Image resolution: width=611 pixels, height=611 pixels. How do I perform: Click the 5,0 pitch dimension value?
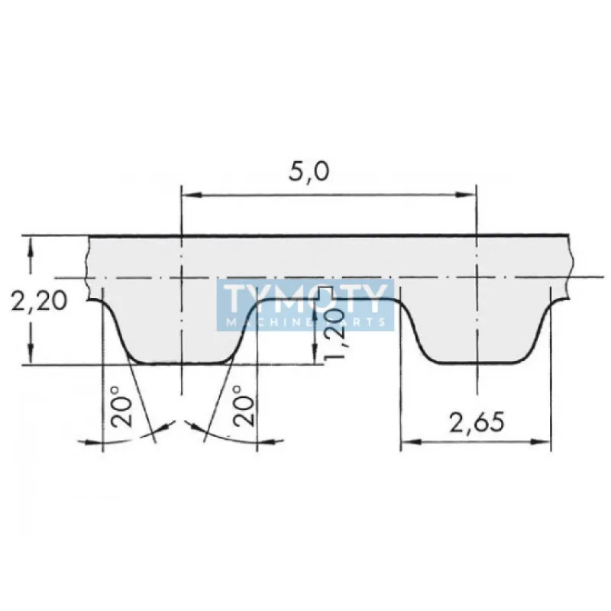pos(309,172)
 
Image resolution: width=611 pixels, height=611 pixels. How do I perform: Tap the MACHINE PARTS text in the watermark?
pos(305,322)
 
